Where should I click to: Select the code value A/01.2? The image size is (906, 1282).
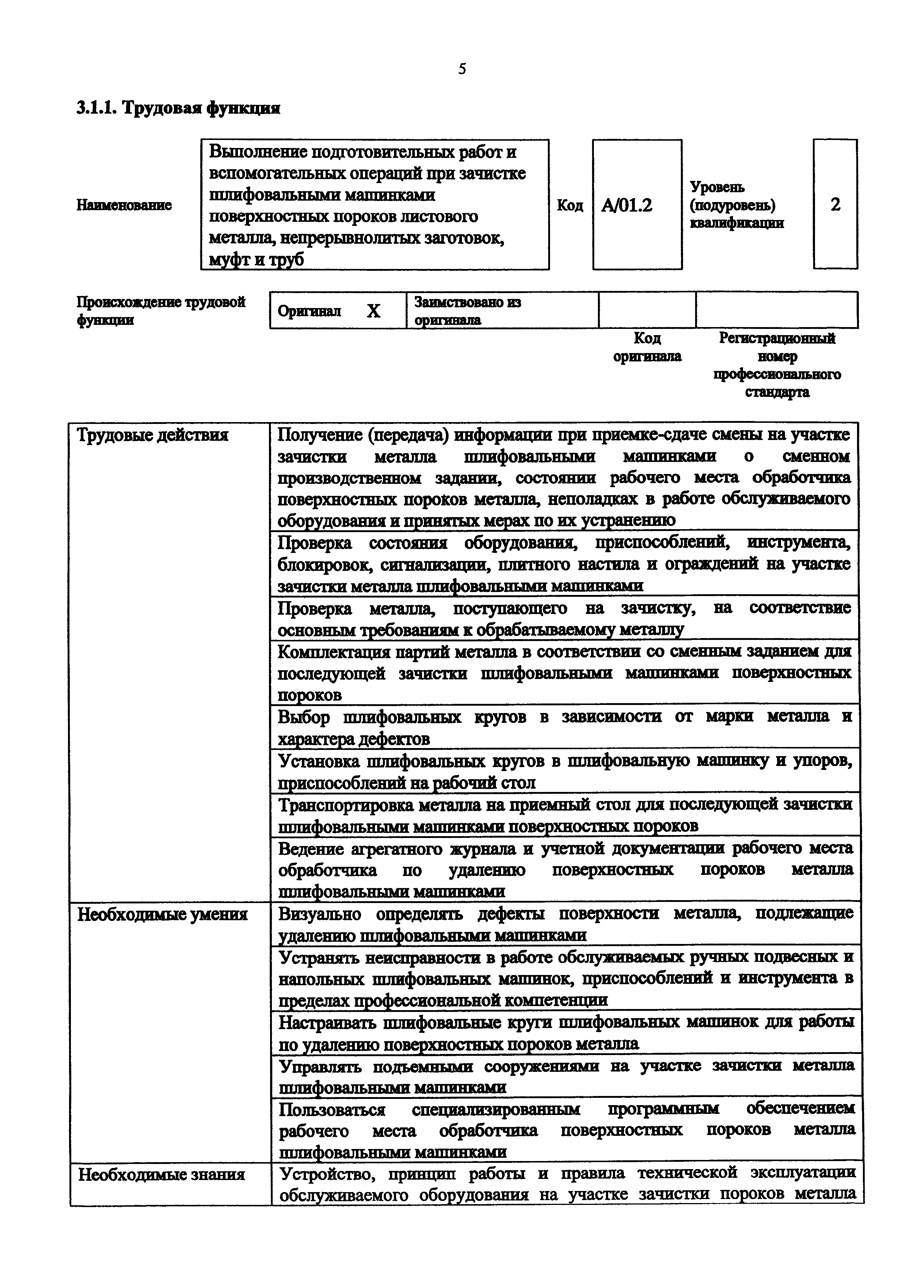point(627,205)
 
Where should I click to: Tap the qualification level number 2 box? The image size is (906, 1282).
point(835,204)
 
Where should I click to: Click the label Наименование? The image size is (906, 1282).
point(124,205)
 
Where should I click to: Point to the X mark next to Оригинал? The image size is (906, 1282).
point(374,311)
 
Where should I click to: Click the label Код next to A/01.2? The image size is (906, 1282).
point(569,205)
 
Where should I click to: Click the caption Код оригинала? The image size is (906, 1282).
point(647,347)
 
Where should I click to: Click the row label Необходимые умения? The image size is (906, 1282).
point(162,915)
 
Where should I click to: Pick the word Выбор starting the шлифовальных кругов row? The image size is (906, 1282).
point(304,717)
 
